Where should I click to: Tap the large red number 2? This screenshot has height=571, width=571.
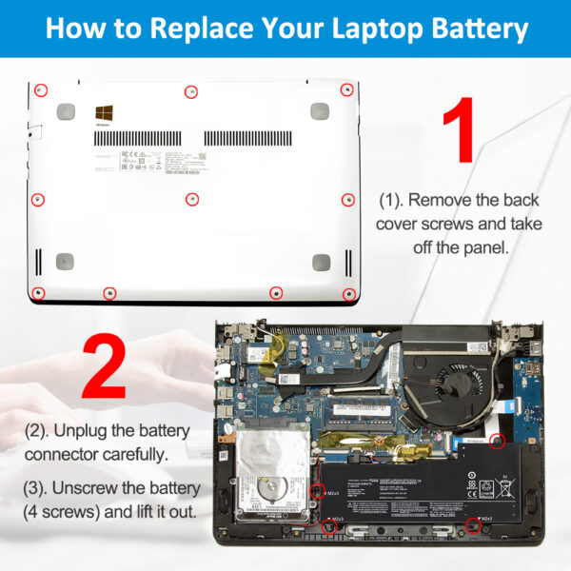104,367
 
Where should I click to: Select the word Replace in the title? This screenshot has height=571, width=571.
214,28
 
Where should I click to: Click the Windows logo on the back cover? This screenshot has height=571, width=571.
102,113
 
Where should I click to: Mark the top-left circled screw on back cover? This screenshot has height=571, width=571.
40,90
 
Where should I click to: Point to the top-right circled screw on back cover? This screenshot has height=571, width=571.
347,89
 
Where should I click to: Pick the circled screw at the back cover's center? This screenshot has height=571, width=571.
191,200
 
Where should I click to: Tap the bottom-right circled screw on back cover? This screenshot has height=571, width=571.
348,294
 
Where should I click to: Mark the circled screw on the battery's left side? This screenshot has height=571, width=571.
319,492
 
